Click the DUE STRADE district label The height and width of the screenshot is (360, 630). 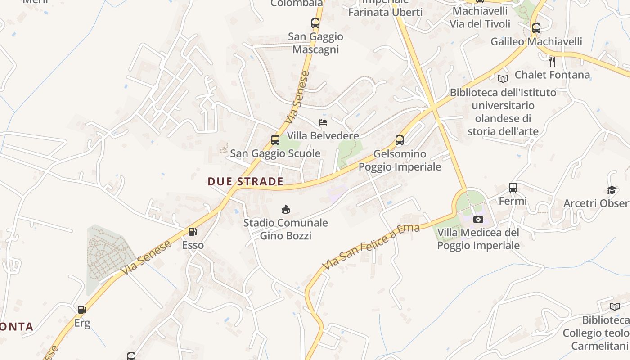tap(245, 181)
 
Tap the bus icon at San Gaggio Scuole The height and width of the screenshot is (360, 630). tap(275, 140)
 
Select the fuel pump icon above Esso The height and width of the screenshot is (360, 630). tap(193, 232)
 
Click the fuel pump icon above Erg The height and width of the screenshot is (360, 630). tap(82, 310)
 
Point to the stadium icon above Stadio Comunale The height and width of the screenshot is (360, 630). tap(286, 209)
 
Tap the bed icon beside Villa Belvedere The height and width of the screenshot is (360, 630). tap(323, 122)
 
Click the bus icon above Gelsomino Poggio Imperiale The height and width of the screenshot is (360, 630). tap(400, 140)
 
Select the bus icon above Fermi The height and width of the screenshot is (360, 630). tap(513, 188)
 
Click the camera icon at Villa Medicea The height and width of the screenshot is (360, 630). tap(478, 220)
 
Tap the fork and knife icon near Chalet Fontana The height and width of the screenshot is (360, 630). tap(552, 61)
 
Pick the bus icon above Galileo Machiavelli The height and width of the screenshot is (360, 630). tap(536, 28)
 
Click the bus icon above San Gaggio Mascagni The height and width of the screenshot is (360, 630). tap(315, 23)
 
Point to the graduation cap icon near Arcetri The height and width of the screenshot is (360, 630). tap(612, 190)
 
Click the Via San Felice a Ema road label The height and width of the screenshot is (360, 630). tap(372, 247)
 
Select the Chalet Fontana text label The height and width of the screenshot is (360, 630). tap(552, 75)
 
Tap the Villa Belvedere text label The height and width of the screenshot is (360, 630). tap(323, 135)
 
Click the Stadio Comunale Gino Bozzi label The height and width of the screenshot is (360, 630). tap(286, 229)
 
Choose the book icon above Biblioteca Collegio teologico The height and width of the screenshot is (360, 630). tap(614, 306)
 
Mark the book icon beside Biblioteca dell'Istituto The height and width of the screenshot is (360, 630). tap(503, 79)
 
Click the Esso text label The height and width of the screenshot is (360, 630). tap(193, 245)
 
